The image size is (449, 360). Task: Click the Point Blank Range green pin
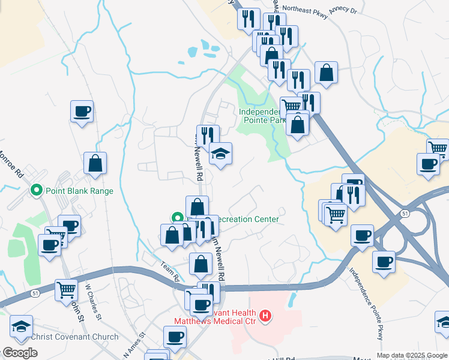[x=36, y=191]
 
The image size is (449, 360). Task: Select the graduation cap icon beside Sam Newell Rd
[x=220, y=154]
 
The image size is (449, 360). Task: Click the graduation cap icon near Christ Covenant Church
[x=21, y=326]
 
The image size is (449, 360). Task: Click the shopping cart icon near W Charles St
[x=66, y=290]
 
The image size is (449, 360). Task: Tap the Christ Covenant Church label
[x=74, y=337]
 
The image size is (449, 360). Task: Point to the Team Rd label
[x=170, y=271]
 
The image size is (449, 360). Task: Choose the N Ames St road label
[x=134, y=344]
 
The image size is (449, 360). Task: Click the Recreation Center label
[x=247, y=219]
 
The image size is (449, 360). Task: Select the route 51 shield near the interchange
[x=405, y=213]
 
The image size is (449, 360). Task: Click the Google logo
[x=19, y=353]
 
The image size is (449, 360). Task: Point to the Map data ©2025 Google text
[x=412, y=355]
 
